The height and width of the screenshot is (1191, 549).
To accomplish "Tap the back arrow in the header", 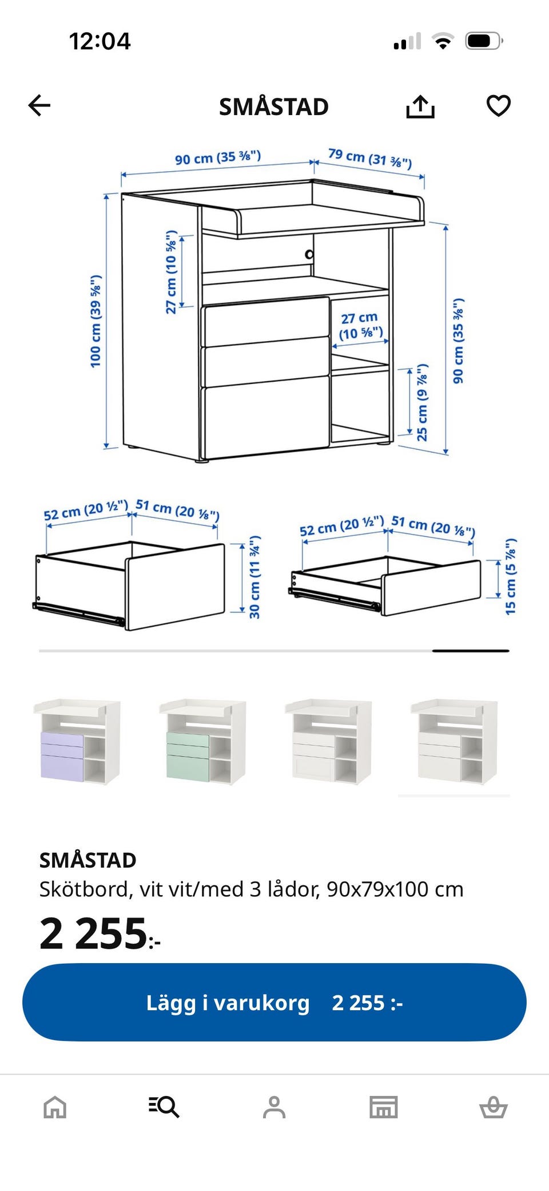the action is pyautogui.click(x=39, y=105).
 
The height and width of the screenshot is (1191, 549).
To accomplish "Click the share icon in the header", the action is pyautogui.click(x=420, y=106).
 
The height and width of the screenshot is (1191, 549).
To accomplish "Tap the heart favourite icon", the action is pyautogui.click(x=498, y=106).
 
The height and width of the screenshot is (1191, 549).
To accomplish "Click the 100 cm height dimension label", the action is pyautogui.click(x=96, y=320).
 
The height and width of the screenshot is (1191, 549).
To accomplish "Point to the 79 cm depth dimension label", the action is pyautogui.click(x=370, y=159).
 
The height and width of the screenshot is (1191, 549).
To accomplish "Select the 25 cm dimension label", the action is pyautogui.click(x=422, y=402).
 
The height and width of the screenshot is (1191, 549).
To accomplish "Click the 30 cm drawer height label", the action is pyautogui.click(x=254, y=577).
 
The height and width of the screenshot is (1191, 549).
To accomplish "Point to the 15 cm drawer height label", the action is pyautogui.click(x=511, y=577).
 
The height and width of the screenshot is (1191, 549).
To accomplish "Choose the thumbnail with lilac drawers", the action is pyautogui.click(x=77, y=741).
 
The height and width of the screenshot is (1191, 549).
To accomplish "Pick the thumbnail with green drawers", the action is pyautogui.click(x=202, y=741).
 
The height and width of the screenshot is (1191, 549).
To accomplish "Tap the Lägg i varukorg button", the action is pyautogui.click(x=274, y=1002).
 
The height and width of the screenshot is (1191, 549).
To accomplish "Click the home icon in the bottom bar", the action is pyautogui.click(x=55, y=1107).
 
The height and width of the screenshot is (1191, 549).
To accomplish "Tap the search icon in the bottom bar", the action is pyautogui.click(x=164, y=1107).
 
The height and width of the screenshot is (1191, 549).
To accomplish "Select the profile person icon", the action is pyautogui.click(x=274, y=1107).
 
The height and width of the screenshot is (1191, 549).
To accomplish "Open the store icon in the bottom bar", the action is pyautogui.click(x=384, y=1107).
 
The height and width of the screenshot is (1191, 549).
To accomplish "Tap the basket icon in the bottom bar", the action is pyautogui.click(x=493, y=1107).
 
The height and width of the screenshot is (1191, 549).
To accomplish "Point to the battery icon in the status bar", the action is pyautogui.click(x=484, y=41).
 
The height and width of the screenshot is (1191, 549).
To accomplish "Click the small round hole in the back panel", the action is pyautogui.click(x=309, y=254).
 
